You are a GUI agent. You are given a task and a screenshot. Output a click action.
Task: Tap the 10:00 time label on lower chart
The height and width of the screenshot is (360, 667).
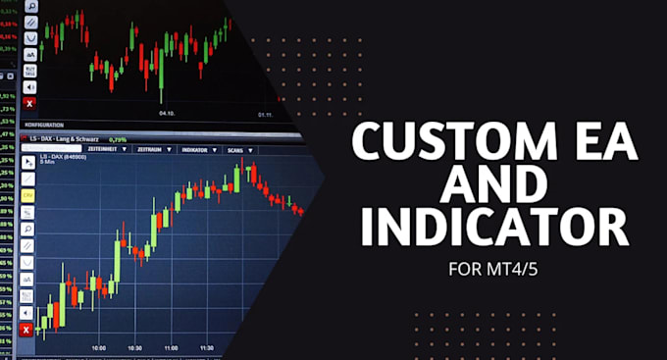click(99, 348)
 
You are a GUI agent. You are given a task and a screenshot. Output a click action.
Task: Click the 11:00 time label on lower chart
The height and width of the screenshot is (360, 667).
click(171, 348)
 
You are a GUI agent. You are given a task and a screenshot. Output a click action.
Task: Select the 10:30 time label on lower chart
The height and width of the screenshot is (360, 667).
click(134, 348)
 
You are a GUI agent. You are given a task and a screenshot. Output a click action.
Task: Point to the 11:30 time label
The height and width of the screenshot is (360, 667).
click(207, 348)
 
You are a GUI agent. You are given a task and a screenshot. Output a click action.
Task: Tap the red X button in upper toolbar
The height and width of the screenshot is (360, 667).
click(28, 102)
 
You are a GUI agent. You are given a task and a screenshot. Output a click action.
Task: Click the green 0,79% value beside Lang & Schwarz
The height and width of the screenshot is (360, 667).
click(118, 139)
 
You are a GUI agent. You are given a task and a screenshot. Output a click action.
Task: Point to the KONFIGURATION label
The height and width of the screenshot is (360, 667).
click(43, 126)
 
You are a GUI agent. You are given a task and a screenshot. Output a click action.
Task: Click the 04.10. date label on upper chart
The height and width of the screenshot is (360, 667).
click(168, 113)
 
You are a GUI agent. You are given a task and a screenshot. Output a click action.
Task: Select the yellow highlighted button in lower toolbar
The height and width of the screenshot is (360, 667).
click(27, 195)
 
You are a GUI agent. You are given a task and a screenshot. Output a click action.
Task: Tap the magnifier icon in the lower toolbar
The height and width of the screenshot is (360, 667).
click(27, 229)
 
